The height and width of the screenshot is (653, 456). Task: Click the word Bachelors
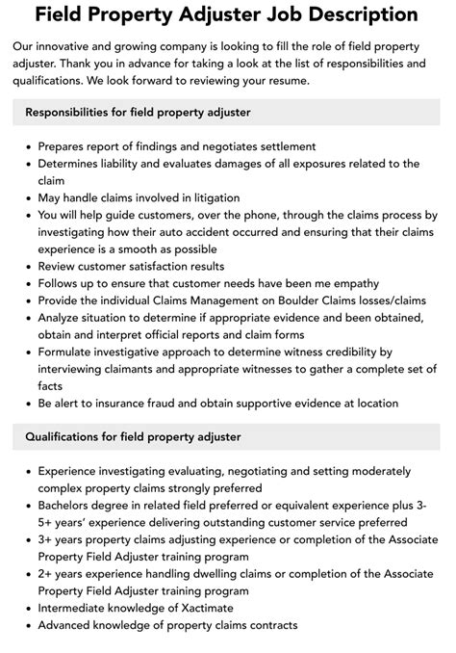[69, 506]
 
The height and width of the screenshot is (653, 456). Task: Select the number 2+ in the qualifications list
[47, 573]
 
